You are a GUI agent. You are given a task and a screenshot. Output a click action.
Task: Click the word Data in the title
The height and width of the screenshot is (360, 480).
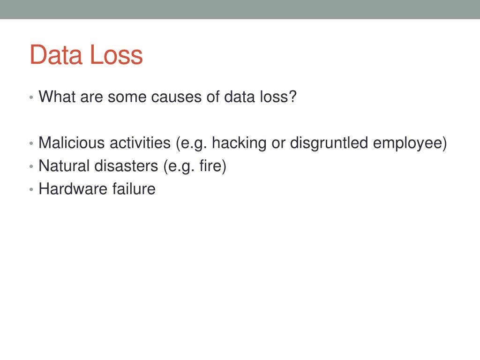click(56, 55)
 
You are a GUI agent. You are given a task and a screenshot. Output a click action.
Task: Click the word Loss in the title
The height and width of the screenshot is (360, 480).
click(117, 55)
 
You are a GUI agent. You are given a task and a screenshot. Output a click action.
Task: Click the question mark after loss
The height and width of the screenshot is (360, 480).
click(292, 97)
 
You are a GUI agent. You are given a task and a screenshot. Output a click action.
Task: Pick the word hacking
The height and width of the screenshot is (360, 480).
click(239, 143)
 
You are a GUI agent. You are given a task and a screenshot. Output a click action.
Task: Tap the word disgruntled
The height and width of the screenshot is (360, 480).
click(329, 143)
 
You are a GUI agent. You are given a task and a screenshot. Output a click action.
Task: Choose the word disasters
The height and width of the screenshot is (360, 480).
click(126, 165)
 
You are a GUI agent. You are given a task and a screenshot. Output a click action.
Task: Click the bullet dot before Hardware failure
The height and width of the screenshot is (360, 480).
click(31, 189)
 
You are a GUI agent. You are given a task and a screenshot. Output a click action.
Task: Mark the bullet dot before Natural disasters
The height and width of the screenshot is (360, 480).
click(31, 166)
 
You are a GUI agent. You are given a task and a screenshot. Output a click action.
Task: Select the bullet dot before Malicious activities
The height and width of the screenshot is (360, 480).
click(31, 143)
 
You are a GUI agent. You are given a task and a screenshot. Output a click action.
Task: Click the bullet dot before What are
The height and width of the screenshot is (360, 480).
click(31, 97)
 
